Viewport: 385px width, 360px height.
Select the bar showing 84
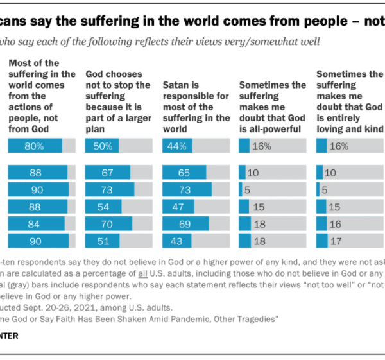click(36, 223)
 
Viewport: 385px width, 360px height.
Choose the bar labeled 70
click(108, 223)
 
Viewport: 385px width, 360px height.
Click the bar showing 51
click(103, 241)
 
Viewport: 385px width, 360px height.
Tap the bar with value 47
click(179, 207)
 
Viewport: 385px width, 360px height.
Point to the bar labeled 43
click(178, 241)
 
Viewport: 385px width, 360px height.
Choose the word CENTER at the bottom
click(10, 336)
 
